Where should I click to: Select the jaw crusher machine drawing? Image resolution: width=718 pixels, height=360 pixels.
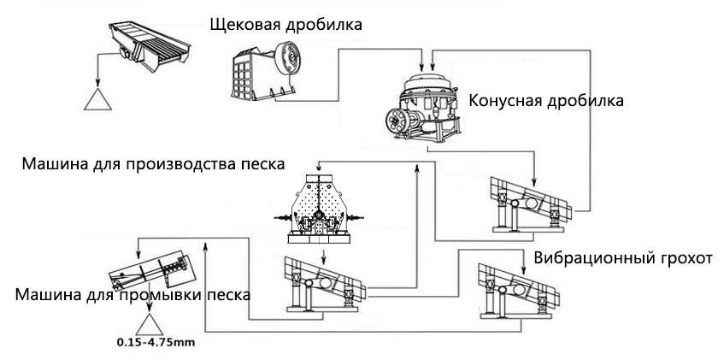pyautogui.click(x=270, y=68)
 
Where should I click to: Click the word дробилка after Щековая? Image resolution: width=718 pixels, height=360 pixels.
pyautogui.click(x=327, y=24)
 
